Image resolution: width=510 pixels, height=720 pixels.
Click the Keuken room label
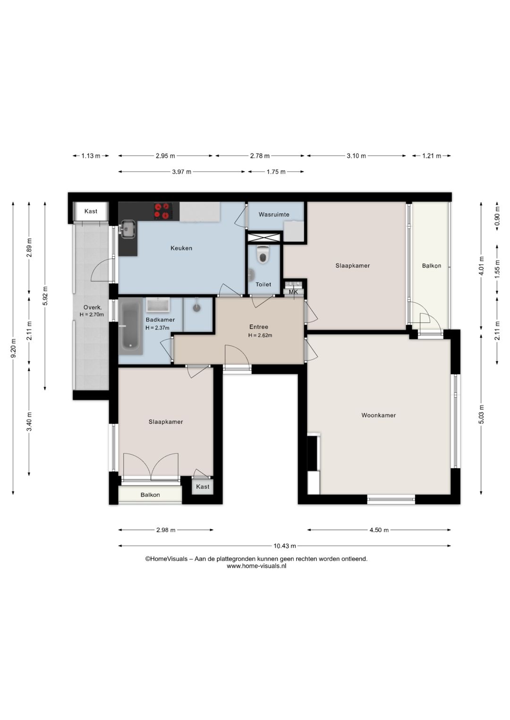[x=181, y=248]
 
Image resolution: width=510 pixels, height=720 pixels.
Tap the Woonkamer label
[x=378, y=415]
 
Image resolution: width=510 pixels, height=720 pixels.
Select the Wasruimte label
[x=274, y=214]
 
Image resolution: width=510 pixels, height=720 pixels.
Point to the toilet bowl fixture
[x=263, y=255]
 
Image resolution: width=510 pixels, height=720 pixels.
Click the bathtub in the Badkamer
[x=130, y=326]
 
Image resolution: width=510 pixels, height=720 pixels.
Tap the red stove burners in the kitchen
[x=162, y=211]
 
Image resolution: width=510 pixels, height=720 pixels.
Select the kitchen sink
[x=128, y=229]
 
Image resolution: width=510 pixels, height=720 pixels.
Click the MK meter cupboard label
[x=293, y=292]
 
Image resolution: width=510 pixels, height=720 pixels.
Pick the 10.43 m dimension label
[x=285, y=546]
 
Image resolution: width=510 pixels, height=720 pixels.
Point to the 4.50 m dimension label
[x=379, y=530]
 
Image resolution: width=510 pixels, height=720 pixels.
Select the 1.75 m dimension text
[x=276, y=172]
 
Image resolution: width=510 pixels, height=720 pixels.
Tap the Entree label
[x=259, y=327]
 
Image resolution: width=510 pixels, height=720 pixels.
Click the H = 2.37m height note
[x=157, y=328]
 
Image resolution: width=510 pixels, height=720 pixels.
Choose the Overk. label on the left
[x=93, y=307]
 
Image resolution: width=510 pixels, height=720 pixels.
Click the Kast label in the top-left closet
[x=91, y=211]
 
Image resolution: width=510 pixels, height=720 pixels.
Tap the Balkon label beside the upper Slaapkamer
[x=432, y=266]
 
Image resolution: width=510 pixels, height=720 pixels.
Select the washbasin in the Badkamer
[x=158, y=305]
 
